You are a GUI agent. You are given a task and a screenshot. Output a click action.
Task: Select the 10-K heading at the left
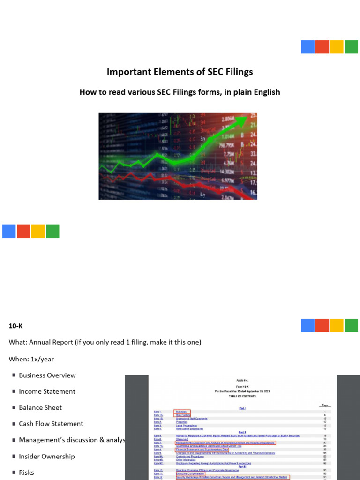tap(16, 326)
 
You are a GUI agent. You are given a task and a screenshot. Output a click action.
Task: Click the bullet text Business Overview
tap(47, 375)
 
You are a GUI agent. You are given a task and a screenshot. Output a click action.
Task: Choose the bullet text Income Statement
tap(47, 391)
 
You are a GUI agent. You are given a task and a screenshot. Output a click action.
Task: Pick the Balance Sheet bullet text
tap(40, 407)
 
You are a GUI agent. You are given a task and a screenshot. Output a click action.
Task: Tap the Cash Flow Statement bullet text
tap(51, 424)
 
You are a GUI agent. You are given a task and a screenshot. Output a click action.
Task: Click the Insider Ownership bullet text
tap(47, 456)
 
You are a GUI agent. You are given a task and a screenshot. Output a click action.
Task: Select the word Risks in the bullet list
tap(27, 472)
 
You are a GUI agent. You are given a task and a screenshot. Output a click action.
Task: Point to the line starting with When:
tap(31, 359)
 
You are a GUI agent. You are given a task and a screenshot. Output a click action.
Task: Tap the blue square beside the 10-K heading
tap(307, 325)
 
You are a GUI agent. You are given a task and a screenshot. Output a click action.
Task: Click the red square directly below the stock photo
tap(24, 231)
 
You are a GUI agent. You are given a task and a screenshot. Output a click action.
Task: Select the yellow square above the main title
tap(337, 47)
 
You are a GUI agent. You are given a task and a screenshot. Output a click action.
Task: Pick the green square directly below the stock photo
tap(52, 231)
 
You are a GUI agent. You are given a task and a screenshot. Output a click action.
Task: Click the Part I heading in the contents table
tap(242, 408)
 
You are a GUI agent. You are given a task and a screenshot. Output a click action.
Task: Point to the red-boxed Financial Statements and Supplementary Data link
tap(202, 449)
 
